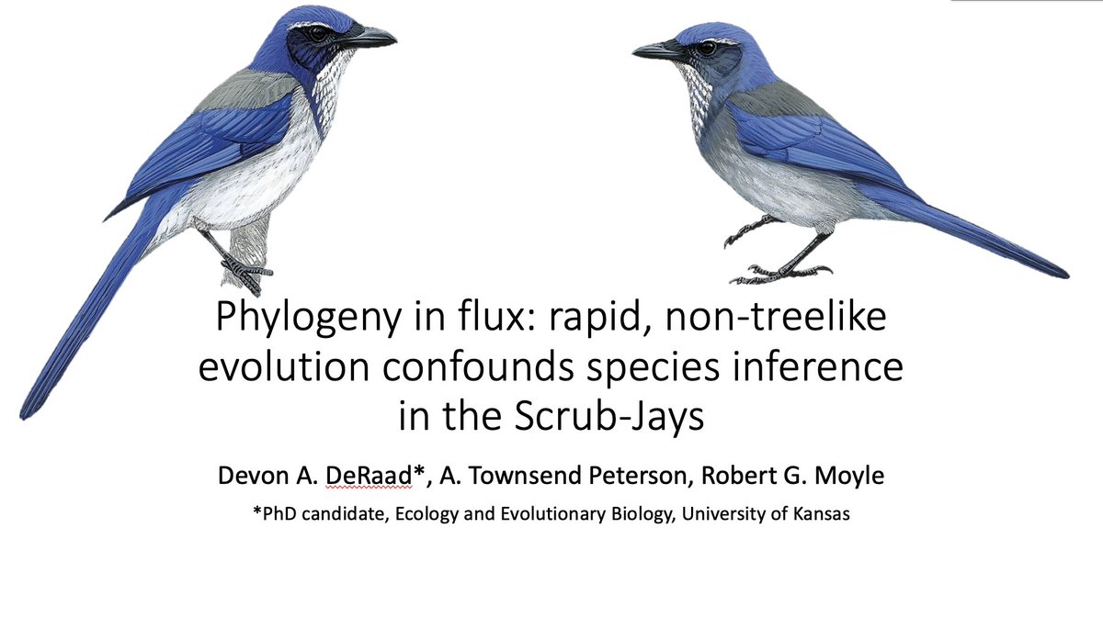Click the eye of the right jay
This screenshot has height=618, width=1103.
click(708, 47)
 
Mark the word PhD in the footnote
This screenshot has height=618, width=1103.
click(278, 515)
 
